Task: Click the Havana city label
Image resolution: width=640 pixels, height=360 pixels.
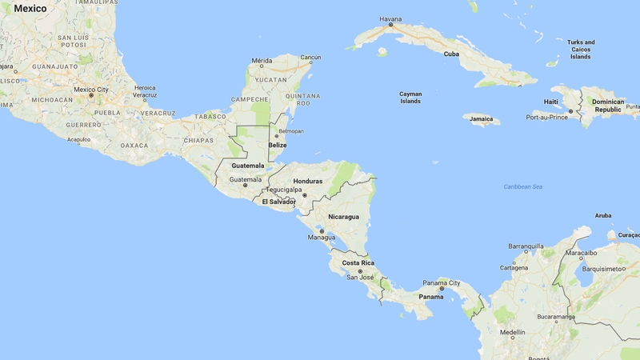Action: coord(391,18)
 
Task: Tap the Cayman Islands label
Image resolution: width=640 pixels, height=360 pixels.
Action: coord(410,98)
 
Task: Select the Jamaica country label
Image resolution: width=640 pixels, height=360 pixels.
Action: coord(481,119)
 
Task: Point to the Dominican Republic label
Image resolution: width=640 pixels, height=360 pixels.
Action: coord(607,106)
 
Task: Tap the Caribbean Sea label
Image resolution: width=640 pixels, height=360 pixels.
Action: coord(523,186)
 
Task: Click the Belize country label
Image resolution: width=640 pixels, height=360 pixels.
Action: coord(278,145)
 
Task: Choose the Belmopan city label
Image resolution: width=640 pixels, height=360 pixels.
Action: coord(290,130)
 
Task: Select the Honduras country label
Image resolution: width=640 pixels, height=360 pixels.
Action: coord(308,181)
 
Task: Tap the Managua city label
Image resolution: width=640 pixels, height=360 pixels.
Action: coord(322,238)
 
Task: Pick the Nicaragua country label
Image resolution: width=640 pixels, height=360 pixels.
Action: coord(343,216)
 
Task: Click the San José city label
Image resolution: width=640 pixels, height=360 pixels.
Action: coord(361,278)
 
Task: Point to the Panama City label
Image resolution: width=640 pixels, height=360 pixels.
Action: coord(442,282)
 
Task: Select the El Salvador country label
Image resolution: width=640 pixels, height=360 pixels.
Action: coord(279,202)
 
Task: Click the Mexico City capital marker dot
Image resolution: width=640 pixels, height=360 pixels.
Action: coord(91,95)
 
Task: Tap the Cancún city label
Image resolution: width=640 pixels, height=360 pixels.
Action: coord(310,57)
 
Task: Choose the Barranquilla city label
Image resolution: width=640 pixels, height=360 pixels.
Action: coord(526,246)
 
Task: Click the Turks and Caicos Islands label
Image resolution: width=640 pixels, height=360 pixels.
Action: coord(581,49)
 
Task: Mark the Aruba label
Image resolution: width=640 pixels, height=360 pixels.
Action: coord(603,215)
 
